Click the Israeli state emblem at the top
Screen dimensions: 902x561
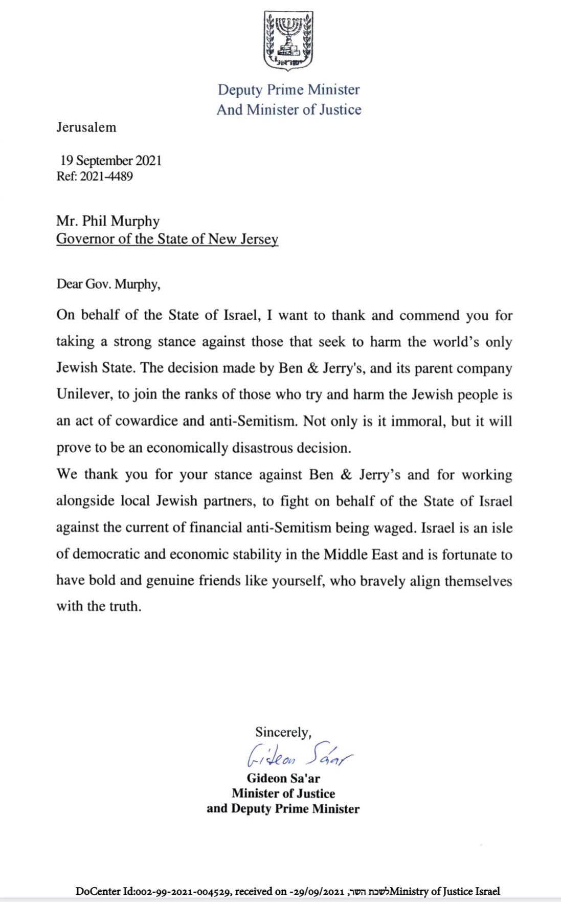288,41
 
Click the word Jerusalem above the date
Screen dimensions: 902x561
86,127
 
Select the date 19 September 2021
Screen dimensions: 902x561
111,161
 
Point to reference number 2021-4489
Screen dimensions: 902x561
106,177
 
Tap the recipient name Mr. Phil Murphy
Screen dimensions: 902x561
108,221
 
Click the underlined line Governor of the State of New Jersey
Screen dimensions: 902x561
167,239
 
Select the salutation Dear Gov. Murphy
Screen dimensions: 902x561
108,284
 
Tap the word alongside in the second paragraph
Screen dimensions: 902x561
85,501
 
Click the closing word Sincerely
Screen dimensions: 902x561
283,732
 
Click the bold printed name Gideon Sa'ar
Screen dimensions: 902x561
283,778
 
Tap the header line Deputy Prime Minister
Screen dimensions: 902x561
288,90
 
